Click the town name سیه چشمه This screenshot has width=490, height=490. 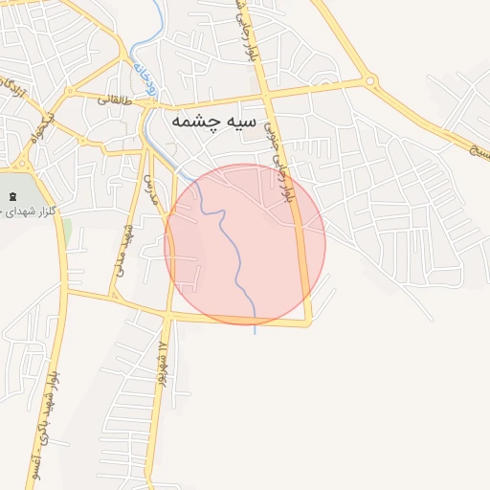click(x=213, y=122)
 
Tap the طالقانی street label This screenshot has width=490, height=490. click(x=111, y=99)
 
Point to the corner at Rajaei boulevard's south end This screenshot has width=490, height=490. click(x=308, y=323)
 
